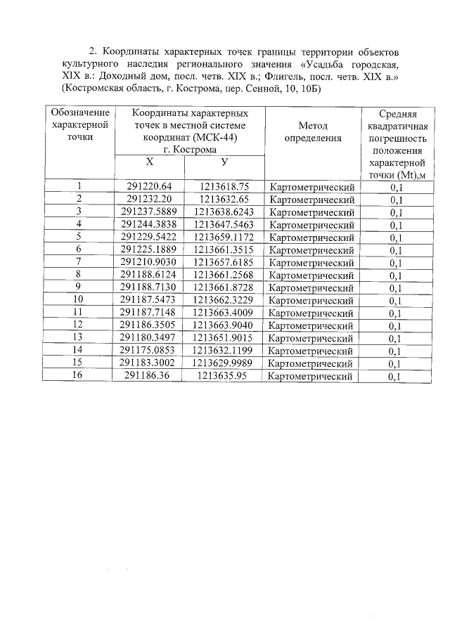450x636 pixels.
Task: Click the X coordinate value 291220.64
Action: [x=149, y=186]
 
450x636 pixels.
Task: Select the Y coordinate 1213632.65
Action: [x=224, y=199]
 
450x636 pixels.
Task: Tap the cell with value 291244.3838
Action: [x=149, y=224]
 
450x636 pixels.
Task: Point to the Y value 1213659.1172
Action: [x=224, y=237]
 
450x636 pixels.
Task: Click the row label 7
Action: [x=79, y=262]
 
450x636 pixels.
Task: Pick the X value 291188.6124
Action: [x=149, y=275]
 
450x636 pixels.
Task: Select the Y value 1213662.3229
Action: [x=224, y=300]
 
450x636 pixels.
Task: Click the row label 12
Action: [x=79, y=325]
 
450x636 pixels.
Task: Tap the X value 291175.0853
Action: [x=149, y=351]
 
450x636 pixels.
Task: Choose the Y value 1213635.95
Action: [x=224, y=376]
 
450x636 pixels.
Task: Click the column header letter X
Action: [x=149, y=162]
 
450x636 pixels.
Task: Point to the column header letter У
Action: [x=224, y=162]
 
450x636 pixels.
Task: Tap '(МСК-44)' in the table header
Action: [x=214, y=138]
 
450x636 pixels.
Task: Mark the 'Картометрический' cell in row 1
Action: [x=311, y=187]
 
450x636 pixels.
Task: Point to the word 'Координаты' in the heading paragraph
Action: [x=134, y=52]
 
